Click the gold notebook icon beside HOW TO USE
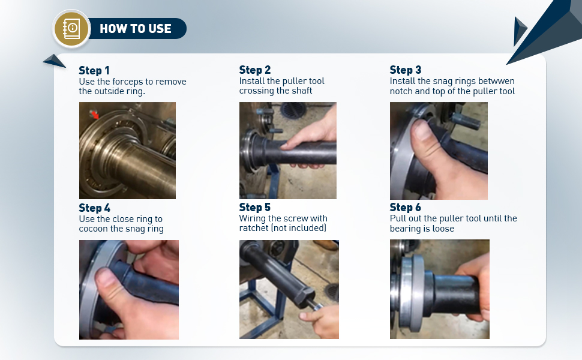(71, 29)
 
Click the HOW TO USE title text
(136, 29)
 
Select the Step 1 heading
(94, 70)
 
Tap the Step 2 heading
(254, 70)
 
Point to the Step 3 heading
(406, 70)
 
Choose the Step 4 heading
(94, 208)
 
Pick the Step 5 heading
(254, 207)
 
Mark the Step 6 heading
(406, 207)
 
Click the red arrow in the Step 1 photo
(95, 115)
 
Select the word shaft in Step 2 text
(301, 91)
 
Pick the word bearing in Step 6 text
(406, 229)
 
